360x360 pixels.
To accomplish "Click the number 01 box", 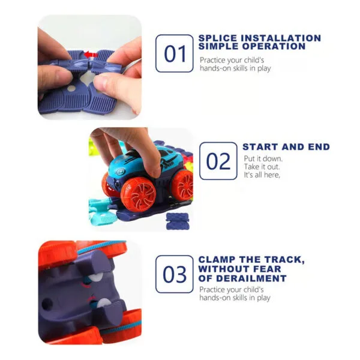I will tap(175, 53).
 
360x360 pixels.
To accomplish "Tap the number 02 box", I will tap(218, 161).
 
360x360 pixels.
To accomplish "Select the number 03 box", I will tap(175, 274).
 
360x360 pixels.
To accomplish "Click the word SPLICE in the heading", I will tap(217, 38).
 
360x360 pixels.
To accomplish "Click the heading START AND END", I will tap(286, 146).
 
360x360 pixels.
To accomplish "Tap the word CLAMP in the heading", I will tap(218, 259).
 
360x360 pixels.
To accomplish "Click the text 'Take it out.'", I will tap(262, 166).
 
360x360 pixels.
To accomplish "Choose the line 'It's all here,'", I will tap(262, 175).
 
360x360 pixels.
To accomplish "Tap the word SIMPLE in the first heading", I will tap(219, 47).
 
